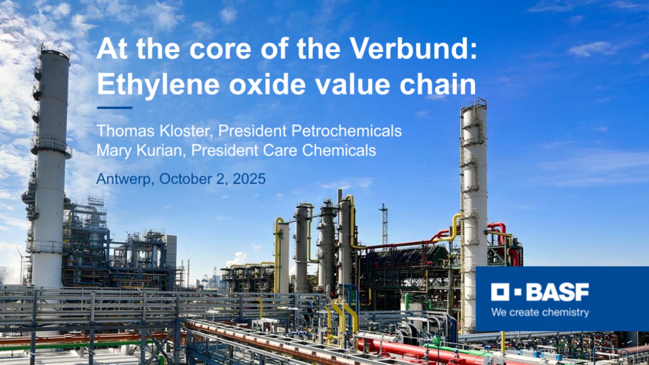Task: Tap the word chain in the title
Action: [x=438, y=84]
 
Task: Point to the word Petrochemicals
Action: [x=347, y=131]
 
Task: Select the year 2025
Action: [x=249, y=179]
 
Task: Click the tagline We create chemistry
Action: [x=540, y=312]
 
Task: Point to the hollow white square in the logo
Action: [x=500, y=292]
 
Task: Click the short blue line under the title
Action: [x=115, y=108]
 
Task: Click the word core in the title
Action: [x=220, y=49]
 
